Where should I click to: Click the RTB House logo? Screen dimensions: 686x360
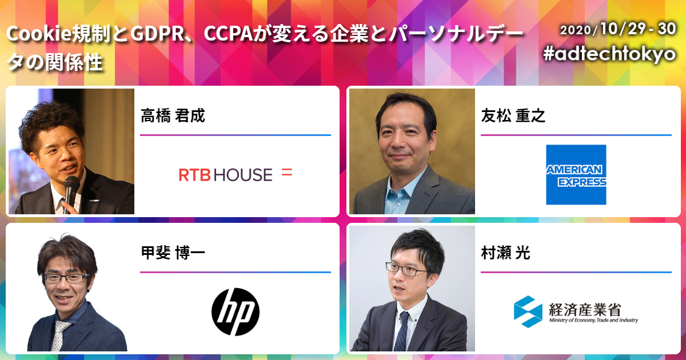[236, 174]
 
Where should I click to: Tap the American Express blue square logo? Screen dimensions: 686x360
[576, 174]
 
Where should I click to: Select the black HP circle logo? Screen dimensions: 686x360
[236, 311]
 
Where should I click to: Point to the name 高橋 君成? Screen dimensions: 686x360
[173, 115]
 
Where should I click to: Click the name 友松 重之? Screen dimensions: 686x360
[513, 115]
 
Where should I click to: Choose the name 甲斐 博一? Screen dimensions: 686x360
[173, 253]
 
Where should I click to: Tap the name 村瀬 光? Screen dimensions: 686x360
[505, 253]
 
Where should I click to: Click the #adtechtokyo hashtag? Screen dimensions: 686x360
[609, 54]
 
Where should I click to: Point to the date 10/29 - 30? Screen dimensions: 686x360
[638, 29]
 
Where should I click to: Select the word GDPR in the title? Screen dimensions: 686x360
[161, 34]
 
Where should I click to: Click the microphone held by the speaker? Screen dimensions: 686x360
[71, 193]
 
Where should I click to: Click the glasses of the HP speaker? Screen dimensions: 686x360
[66, 278]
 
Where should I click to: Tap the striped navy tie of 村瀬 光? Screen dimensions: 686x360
[402, 331]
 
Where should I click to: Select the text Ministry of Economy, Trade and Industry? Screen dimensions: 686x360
[593, 320]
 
